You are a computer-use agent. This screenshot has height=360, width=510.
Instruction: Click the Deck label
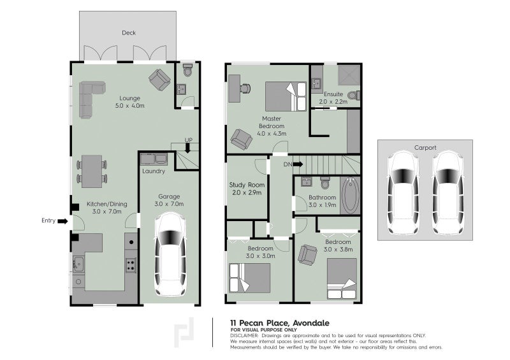pyautogui.click(x=129, y=33)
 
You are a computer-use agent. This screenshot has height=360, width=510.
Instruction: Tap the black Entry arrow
pyautogui.click(x=62, y=221)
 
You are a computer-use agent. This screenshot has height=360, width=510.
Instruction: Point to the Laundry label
pyautogui.click(x=154, y=171)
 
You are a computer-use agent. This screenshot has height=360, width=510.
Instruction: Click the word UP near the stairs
pyautogui.click(x=189, y=140)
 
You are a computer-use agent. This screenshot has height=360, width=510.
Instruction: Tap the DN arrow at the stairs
pyautogui.click(x=298, y=164)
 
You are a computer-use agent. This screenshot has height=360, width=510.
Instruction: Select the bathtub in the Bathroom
pyautogui.click(x=350, y=196)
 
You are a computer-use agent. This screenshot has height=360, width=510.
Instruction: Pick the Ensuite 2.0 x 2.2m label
pyautogui.click(x=332, y=98)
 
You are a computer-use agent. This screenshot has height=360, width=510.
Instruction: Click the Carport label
pyautogui.click(x=425, y=147)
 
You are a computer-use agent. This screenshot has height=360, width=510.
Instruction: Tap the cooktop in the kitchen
pyautogui.click(x=130, y=264)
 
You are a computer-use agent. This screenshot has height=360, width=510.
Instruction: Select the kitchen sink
pyautogui.click(x=79, y=264)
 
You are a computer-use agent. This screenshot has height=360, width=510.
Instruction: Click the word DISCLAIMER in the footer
pyautogui.click(x=244, y=335)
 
